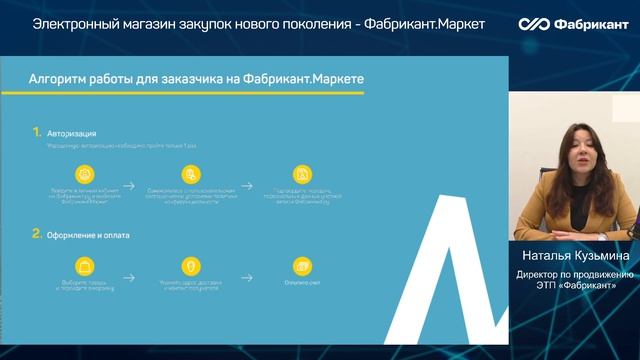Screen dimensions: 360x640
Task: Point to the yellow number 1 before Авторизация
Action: pyautogui.click(x=36, y=131)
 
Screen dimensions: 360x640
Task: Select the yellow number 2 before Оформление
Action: pyautogui.click(x=36, y=234)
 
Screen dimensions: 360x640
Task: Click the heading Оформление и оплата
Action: pyautogui.click(x=88, y=235)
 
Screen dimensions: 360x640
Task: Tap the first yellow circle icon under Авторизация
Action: pyautogui.click(x=85, y=173)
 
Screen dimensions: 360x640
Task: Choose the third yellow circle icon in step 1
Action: pyautogui.click(x=300, y=173)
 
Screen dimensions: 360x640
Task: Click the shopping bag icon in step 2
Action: pyautogui.click(x=85, y=267)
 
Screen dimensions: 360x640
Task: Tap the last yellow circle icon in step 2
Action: pyautogui.click(x=300, y=267)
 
